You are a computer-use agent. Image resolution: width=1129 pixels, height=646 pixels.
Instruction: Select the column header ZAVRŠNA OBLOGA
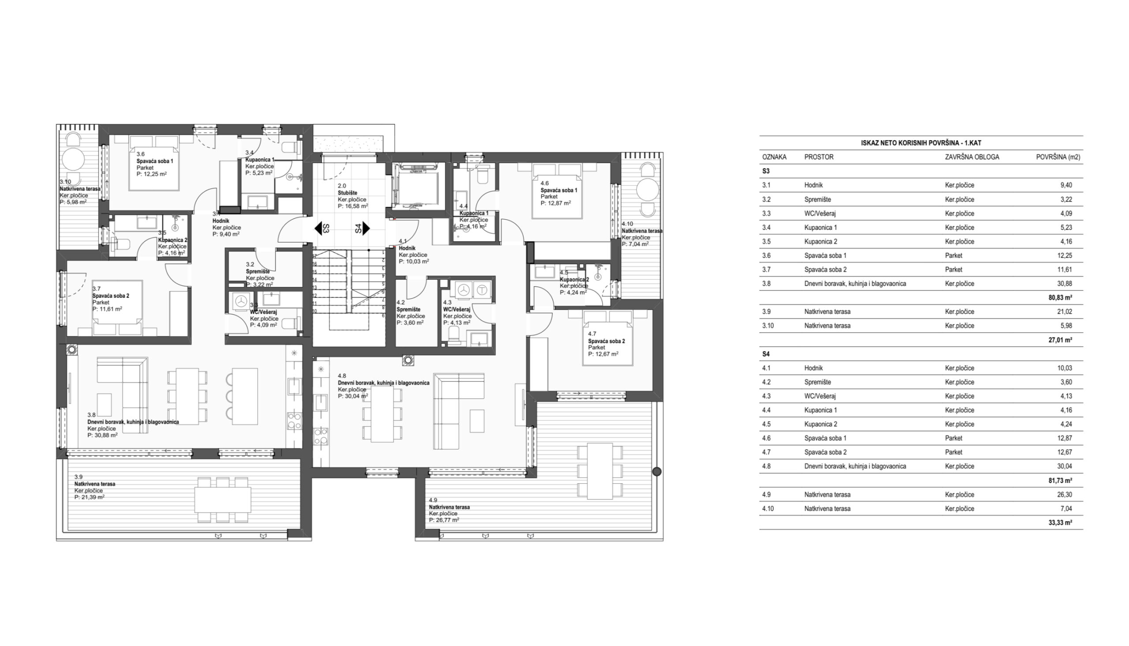pyautogui.click(x=972, y=157)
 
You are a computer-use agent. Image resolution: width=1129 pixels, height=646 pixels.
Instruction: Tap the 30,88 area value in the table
pyautogui.click(x=1066, y=284)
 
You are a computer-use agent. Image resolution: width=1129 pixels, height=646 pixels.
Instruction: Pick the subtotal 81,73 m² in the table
pyautogui.click(x=1060, y=481)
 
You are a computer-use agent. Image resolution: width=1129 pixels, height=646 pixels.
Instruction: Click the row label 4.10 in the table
pyautogui.click(x=768, y=509)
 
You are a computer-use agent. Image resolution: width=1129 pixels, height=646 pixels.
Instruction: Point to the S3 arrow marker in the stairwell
pyautogui.click(x=322, y=228)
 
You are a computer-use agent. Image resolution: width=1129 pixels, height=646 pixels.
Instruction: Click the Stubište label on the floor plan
pyautogui.click(x=348, y=193)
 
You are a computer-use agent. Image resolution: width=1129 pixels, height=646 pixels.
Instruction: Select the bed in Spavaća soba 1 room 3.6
pyautogui.click(x=154, y=163)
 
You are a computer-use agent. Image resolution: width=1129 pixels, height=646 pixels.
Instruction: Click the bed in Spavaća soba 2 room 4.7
pyautogui.click(x=608, y=338)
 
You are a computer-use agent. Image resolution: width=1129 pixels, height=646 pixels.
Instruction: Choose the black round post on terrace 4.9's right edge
pyautogui.click(x=657, y=472)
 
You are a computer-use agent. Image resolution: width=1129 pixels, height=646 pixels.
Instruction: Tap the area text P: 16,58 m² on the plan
pyautogui.click(x=353, y=206)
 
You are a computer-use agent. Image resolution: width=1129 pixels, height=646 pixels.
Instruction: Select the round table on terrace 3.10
pyautogui.click(x=73, y=159)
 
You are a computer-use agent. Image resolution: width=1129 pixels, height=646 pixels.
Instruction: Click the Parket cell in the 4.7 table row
pyautogui.click(x=954, y=452)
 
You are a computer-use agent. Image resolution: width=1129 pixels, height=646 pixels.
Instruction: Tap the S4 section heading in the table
pyautogui.click(x=766, y=354)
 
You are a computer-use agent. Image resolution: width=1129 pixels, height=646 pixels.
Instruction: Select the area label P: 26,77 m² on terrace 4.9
pyautogui.click(x=444, y=520)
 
